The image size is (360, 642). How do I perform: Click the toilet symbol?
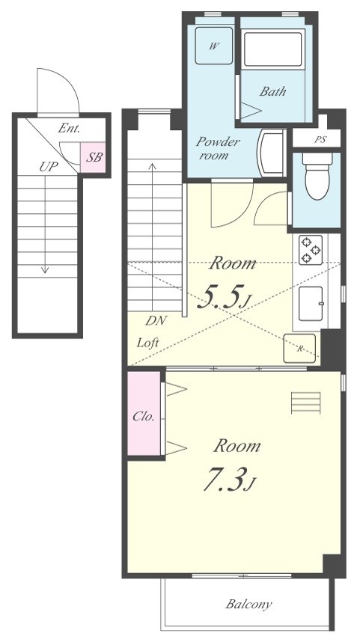(317, 176)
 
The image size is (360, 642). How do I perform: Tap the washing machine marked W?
(214, 46)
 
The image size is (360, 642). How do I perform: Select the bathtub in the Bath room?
(272, 49)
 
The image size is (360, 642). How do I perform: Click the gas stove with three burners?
(310, 250)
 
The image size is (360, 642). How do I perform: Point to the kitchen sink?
(311, 303)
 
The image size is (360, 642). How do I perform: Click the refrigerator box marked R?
(299, 349)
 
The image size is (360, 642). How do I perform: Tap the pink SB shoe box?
(93, 157)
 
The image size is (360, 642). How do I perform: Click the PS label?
(320, 140)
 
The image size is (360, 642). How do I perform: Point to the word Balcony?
(248, 604)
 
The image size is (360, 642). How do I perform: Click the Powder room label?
(217, 148)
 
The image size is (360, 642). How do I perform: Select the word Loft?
(147, 342)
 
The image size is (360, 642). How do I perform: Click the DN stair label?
(156, 321)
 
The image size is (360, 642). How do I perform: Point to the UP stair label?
(49, 166)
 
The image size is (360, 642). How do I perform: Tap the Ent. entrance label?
(69, 128)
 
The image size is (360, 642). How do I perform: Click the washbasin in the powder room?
(272, 153)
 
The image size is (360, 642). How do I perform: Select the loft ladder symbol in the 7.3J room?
(306, 403)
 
